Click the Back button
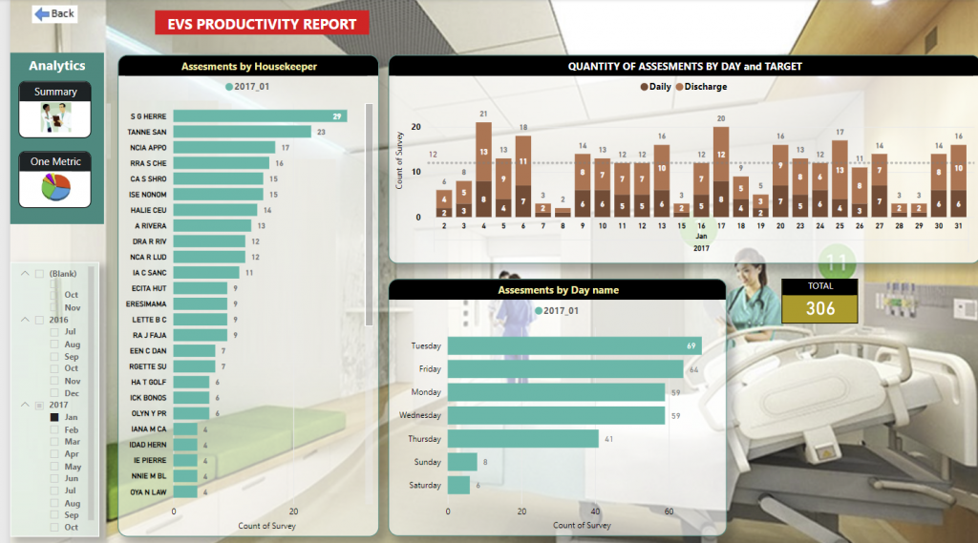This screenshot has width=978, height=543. coord(54,13)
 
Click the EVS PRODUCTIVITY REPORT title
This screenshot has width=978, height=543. coord(261,25)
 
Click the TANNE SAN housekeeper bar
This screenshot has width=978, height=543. coord(243,132)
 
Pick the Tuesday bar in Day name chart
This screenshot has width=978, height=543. coord(574,345)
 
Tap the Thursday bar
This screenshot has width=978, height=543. coord(522,439)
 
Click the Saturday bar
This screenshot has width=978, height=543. coord(458,485)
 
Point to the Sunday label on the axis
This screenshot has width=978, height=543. coord(428,462)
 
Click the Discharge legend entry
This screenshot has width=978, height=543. coord(702,87)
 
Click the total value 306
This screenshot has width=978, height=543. coord(819,308)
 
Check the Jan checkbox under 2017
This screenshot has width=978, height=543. coord(54,417)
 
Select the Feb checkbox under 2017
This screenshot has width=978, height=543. coord(54,430)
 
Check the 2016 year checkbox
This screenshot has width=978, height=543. coord(39,320)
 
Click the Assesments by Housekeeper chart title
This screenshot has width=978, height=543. coord(248,67)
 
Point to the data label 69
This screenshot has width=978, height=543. coord(691,345)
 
